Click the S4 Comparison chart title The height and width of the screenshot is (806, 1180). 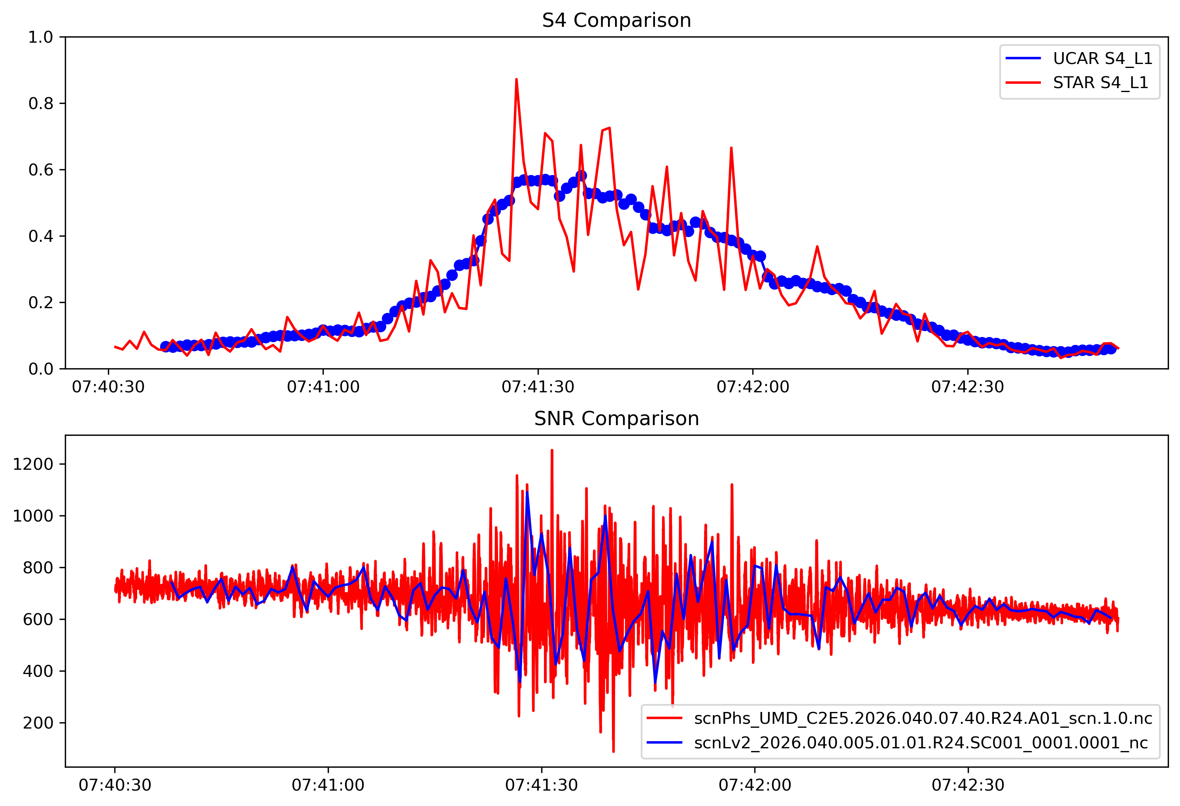[616, 20]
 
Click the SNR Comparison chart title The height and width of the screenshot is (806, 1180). [616, 419]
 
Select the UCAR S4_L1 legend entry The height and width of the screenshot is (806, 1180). [1102, 58]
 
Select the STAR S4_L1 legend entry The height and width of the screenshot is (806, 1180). [1100, 82]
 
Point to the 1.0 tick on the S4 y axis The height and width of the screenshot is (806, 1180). [41, 37]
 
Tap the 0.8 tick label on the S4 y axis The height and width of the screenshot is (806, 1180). [41, 104]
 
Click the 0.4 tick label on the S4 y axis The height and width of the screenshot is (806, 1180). [41, 236]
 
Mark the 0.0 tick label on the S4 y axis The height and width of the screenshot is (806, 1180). [41, 369]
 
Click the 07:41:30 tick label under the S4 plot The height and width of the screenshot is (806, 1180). [538, 387]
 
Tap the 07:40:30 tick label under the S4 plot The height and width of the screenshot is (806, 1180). [108, 387]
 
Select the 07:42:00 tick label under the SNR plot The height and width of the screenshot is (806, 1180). [755, 785]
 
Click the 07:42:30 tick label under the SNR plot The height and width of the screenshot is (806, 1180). [968, 785]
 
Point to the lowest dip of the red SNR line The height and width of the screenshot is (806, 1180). [614, 751]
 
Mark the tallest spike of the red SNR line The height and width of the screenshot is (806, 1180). [552, 450]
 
